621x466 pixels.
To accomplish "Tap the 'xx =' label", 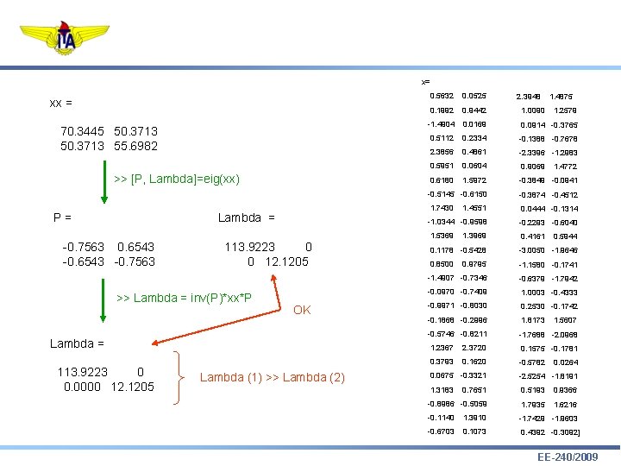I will tap(60, 103).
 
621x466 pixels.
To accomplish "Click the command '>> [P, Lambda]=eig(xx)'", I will tap(177, 179).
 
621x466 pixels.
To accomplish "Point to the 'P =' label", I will tap(61, 217).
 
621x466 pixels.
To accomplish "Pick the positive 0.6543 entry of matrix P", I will tap(136, 246).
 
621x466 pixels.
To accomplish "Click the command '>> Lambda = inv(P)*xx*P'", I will tap(184, 299).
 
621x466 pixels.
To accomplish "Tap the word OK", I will tap(302, 310).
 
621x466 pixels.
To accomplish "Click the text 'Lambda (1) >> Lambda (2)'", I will tap(272, 377).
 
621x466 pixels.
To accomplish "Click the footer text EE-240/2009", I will tap(567, 456).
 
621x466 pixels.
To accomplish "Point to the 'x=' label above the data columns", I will tap(425, 82).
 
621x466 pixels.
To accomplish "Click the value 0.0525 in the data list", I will tap(474, 96).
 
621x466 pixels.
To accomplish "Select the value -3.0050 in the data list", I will tap(532, 250).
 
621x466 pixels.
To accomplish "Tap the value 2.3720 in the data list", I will tap(474, 348).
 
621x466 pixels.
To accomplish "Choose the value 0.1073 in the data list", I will tap(474, 431).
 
